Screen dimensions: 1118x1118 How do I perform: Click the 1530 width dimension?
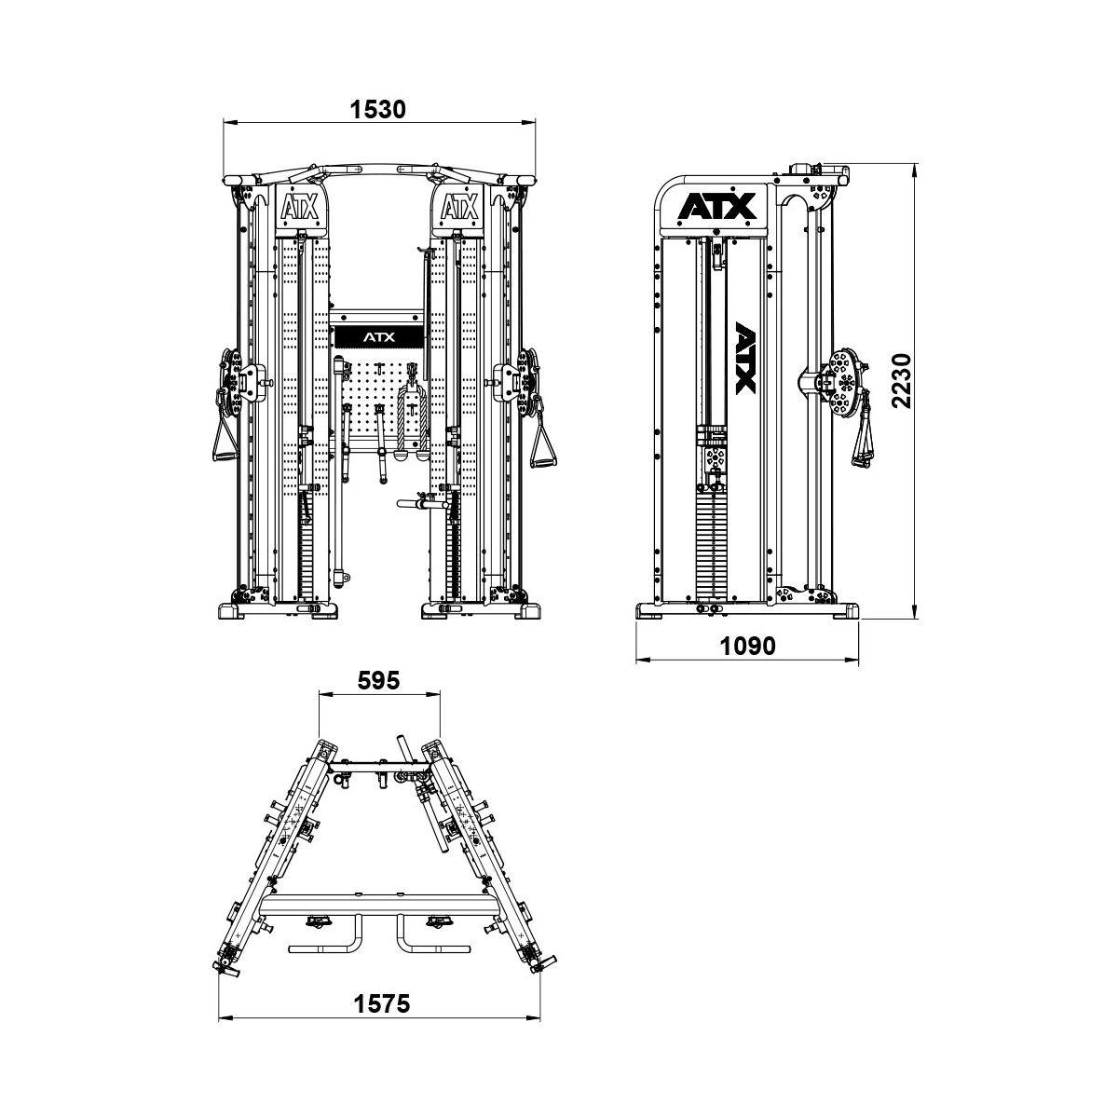[378, 109]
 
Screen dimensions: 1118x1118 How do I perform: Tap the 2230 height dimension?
[901, 380]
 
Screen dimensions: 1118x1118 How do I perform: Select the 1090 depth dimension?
[747, 645]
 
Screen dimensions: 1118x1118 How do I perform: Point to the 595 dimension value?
[379, 680]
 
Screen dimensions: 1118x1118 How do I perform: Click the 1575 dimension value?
[382, 1003]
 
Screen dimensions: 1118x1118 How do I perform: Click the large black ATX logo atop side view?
[717, 206]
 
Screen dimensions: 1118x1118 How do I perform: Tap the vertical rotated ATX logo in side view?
[745, 358]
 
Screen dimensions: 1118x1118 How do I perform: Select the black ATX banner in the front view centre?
[379, 337]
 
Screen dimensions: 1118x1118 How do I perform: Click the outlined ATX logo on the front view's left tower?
[299, 207]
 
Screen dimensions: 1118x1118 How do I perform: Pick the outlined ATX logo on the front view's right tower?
[459, 207]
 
